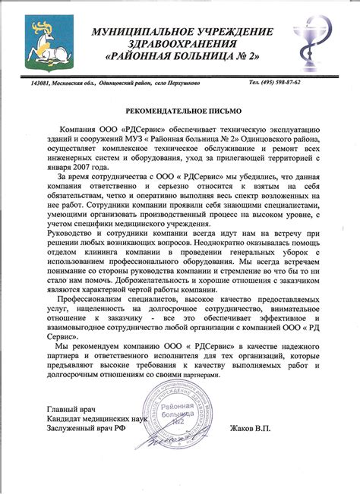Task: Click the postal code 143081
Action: (43, 82)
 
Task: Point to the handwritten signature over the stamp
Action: (167, 439)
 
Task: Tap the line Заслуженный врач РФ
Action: (85, 429)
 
